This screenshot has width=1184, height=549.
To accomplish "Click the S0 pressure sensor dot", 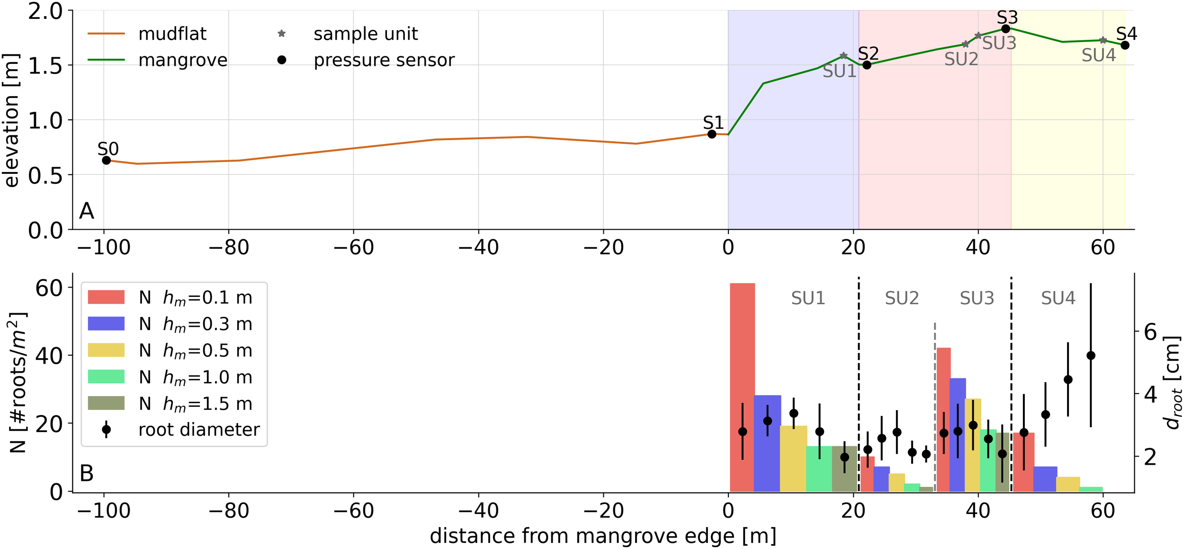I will [x=107, y=161].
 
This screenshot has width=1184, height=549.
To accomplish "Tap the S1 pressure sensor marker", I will [x=712, y=135].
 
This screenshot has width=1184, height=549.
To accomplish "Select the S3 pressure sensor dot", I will [x=1006, y=29].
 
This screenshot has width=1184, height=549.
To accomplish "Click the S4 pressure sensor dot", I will [x=1125, y=45].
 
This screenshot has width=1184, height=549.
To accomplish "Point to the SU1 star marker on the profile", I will [x=843, y=56].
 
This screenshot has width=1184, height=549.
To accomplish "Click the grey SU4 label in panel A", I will [x=1099, y=56].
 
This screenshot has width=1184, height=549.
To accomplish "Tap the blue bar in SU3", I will [x=958, y=434].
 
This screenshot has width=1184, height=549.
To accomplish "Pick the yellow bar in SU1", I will [x=793, y=458].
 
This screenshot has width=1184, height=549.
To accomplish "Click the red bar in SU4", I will [x=1023, y=462].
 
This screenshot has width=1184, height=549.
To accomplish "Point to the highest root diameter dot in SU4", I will [x=1091, y=356].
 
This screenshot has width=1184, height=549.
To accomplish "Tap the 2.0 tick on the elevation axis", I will [x=45, y=11].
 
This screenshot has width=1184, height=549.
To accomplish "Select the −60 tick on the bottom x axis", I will [x=353, y=511].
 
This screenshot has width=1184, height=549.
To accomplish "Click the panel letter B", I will [x=87, y=473].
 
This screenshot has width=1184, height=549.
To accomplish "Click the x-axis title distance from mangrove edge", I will [x=603, y=536].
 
